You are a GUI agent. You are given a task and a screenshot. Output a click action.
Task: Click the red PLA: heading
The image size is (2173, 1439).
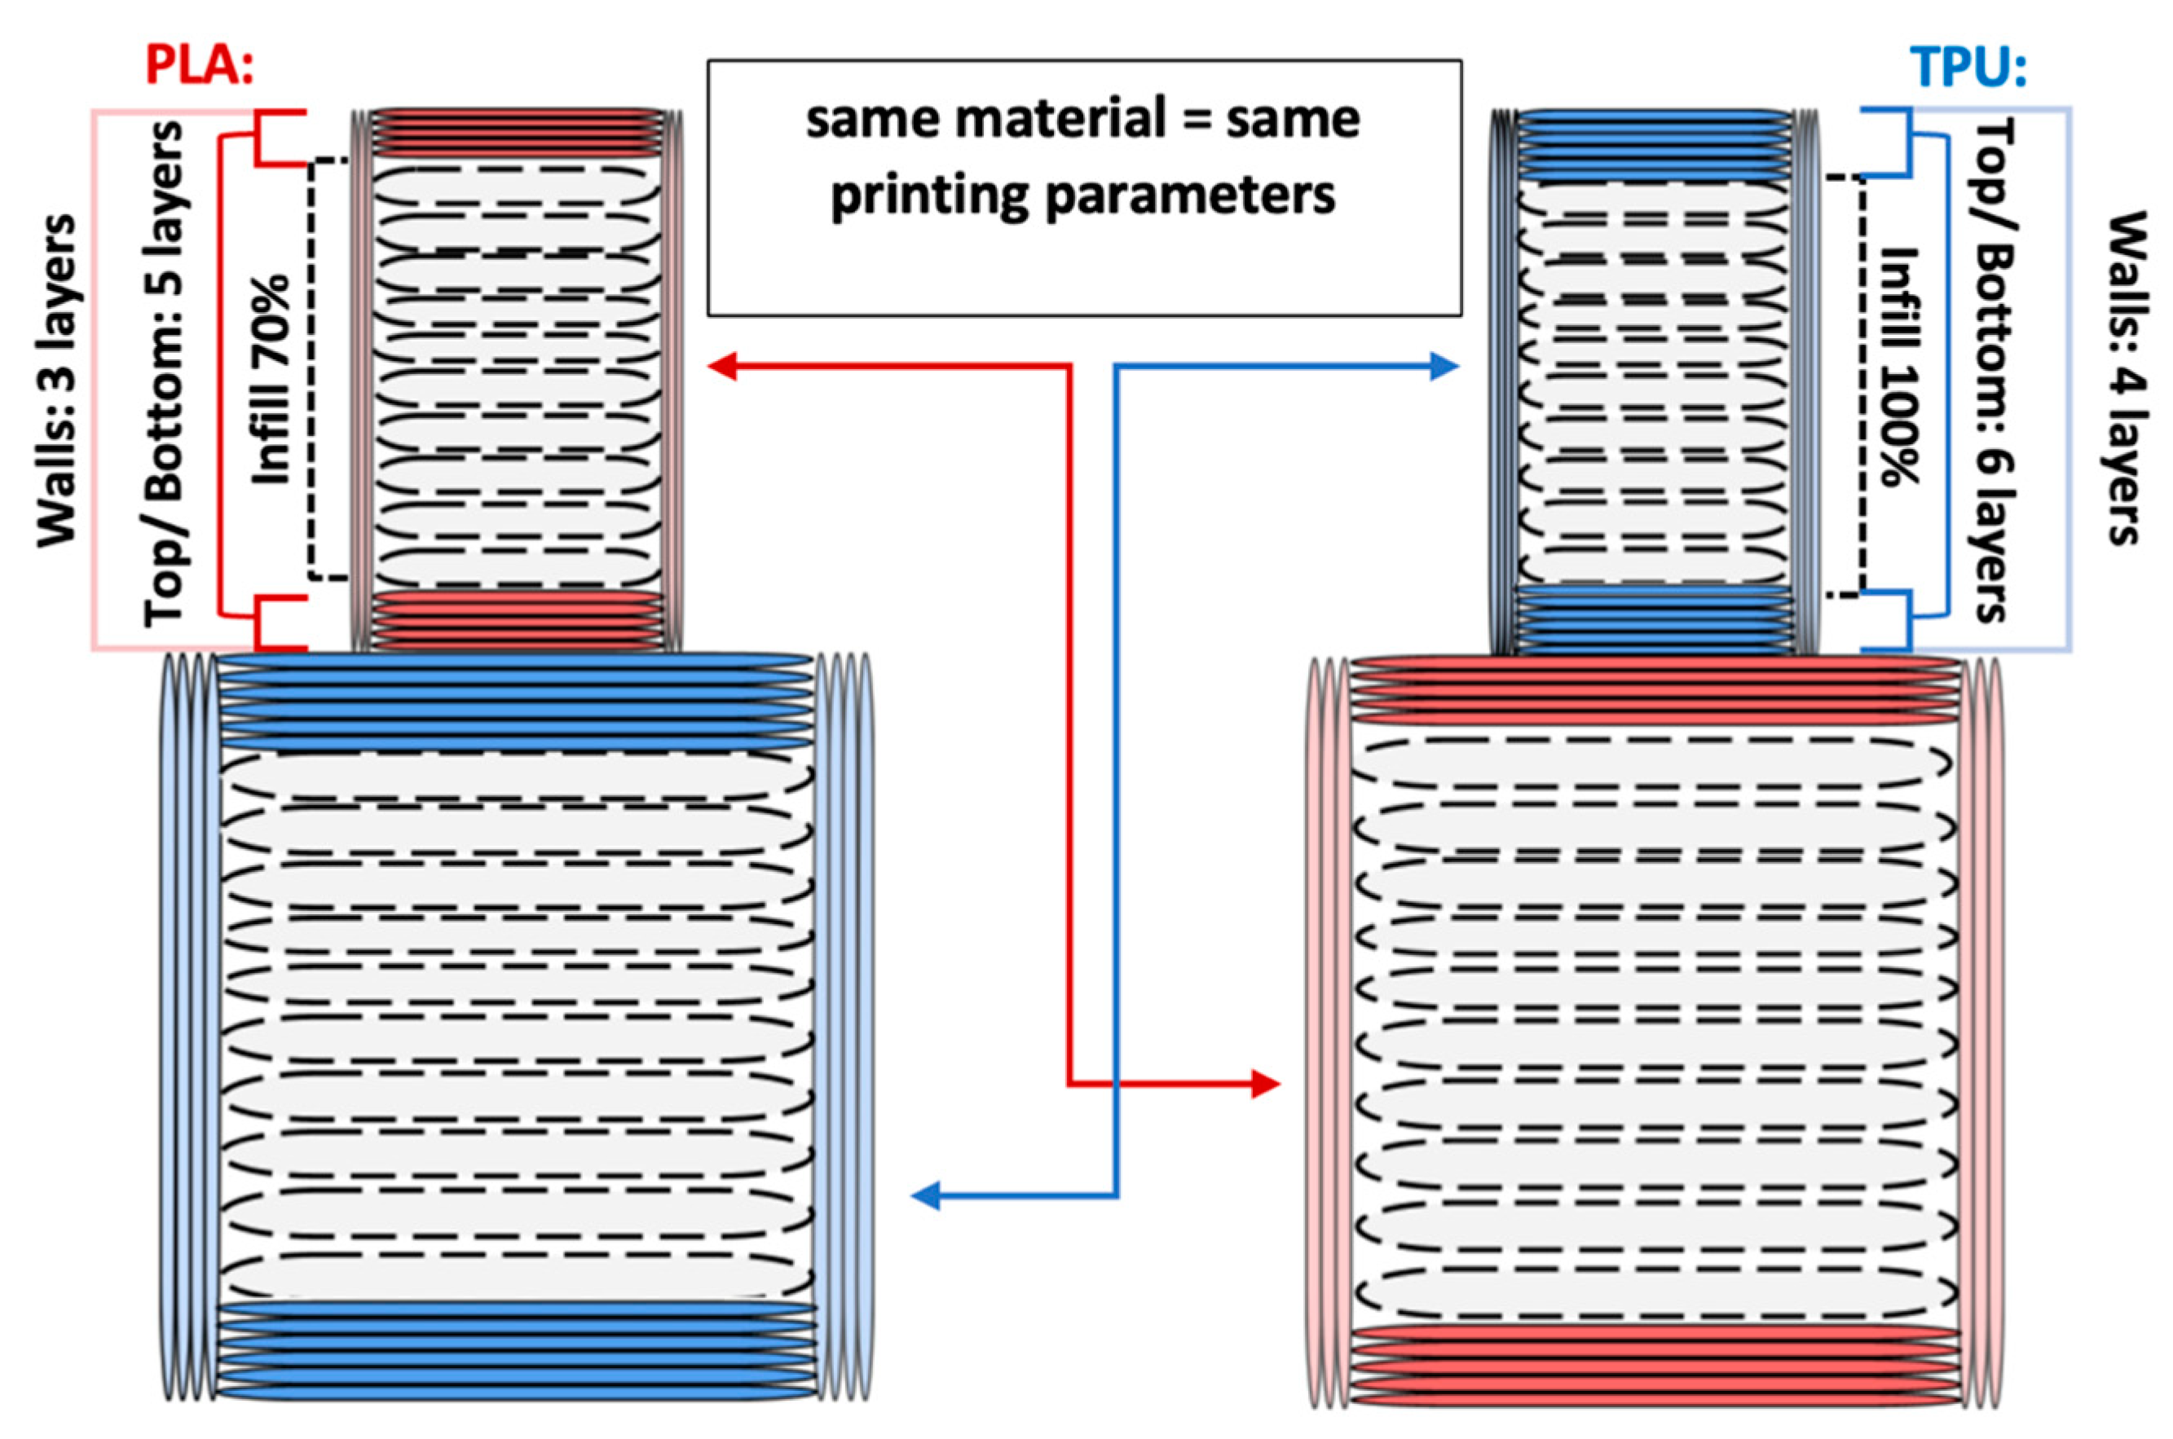point(199,65)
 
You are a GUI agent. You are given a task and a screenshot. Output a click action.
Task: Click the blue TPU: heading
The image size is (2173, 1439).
point(1968,67)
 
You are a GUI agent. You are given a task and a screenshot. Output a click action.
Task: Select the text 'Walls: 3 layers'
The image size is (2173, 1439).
point(57,381)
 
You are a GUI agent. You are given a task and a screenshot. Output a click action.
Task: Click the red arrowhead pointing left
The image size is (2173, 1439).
point(722,367)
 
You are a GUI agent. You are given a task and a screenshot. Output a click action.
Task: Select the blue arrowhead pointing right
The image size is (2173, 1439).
point(1445,367)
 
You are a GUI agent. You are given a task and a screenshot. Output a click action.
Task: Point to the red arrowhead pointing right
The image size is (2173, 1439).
point(1266,1085)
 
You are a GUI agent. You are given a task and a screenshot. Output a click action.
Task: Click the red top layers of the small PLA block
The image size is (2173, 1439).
point(516,135)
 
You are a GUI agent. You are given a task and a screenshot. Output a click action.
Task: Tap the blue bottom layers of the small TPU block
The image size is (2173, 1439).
point(1652,619)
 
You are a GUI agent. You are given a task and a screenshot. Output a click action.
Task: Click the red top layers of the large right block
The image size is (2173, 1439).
point(1652,690)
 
